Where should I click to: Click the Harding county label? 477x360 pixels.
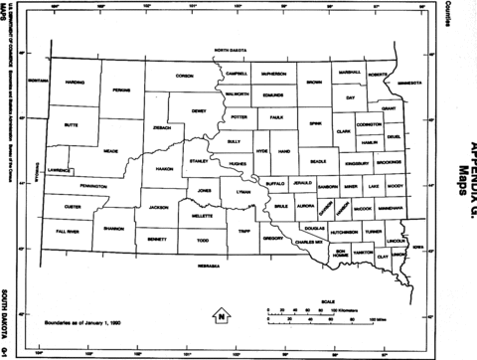pyautogui.click(x=74, y=82)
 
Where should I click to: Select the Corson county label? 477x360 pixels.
pyautogui.click(x=185, y=75)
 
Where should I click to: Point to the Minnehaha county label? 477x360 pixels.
pyautogui.click(x=391, y=209)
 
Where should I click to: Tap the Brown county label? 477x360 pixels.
pyautogui.click(x=314, y=82)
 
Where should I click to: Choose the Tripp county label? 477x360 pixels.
pyautogui.click(x=244, y=231)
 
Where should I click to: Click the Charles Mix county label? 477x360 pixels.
pyautogui.click(x=311, y=241)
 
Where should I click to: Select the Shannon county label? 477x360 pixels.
pyautogui.click(x=113, y=226)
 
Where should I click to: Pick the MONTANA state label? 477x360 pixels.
pyautogui.click(x=39, y=80)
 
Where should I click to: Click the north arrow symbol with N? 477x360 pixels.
pyautogui.click(x=222, y=316)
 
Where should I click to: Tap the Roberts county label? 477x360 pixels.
pyautogui.click(x=377, y=74)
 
